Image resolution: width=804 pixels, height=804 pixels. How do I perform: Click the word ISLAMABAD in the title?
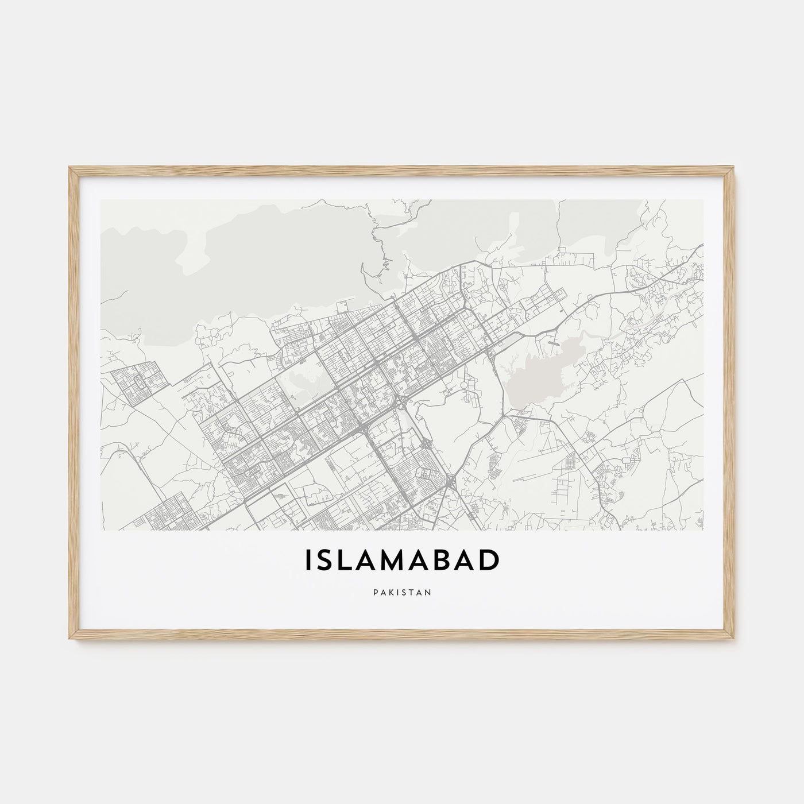[x=401, y=561]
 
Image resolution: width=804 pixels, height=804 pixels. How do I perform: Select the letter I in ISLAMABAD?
[x=310, y=561]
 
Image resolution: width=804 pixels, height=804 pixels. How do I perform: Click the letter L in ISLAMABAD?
[x=348, y=561]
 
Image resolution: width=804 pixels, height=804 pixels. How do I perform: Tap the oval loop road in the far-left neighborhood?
[x=138, y=379]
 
